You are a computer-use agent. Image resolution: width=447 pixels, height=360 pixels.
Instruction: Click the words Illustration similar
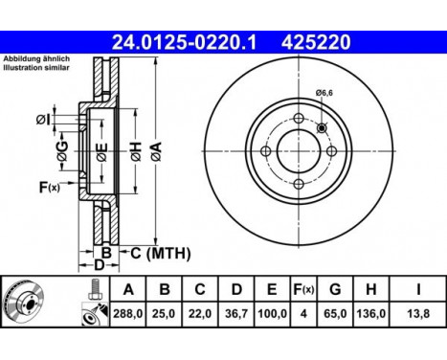[x=35, y=70]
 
